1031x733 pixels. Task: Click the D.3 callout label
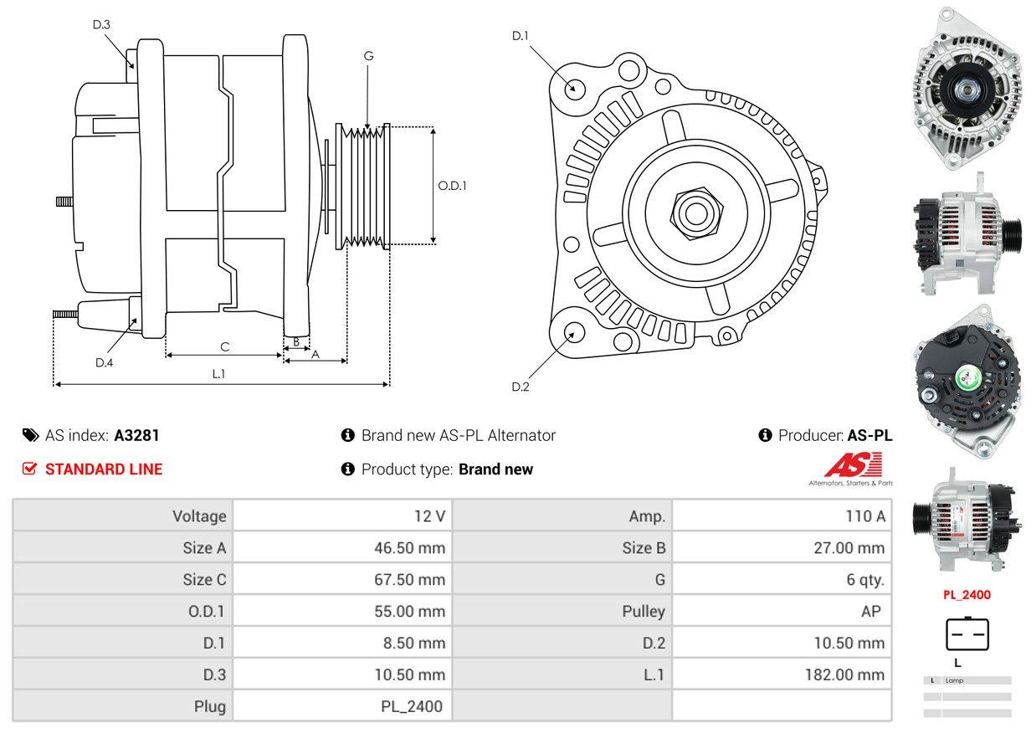pos(101,24)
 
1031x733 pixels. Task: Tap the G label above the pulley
pos(368,56)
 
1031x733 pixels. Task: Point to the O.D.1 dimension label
pos(452,186)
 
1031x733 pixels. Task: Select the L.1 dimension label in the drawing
pos(218,374)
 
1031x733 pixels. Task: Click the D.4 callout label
pos(104,362)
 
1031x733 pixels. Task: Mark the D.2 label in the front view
pos(521,387)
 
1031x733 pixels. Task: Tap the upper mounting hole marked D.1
pos(574,88)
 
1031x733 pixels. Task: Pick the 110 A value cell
pos(864,516)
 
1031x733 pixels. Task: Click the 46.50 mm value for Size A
pos(409,548)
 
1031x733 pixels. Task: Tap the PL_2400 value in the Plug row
pos(412,706)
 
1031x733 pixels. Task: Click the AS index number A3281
pos(136,435)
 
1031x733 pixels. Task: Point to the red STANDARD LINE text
pos(104,469)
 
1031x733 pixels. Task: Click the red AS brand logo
pos(853,465)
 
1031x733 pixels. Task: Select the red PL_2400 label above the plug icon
pos(967,595)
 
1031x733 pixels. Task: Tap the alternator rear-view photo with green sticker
pos(968,384)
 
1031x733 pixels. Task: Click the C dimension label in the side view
pos(224,346)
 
